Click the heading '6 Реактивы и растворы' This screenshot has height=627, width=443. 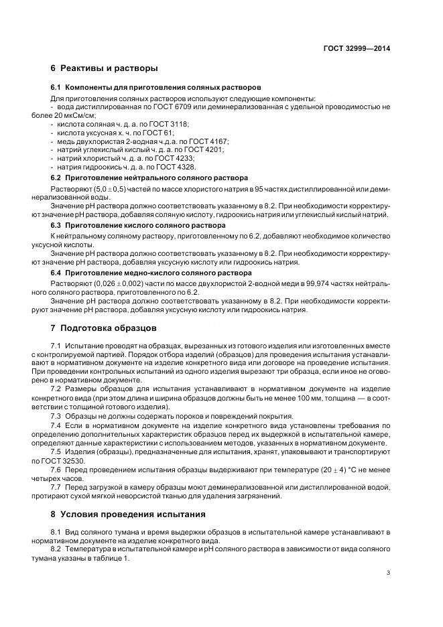click(104, 68)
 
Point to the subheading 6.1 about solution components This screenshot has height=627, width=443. click(156, 88)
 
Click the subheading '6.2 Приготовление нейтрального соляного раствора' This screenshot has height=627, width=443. click(149, 178)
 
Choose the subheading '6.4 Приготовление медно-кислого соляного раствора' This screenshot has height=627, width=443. click(151, 273)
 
